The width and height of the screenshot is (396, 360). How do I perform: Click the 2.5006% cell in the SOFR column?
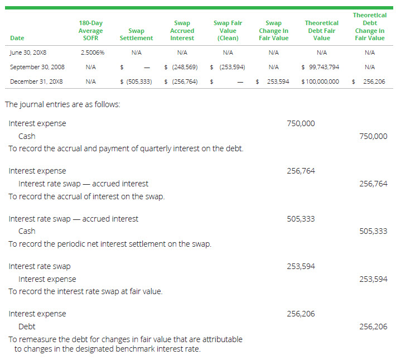[93, 52]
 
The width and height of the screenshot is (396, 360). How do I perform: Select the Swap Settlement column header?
[136, 35]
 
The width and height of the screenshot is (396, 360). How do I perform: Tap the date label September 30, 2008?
[37, 67]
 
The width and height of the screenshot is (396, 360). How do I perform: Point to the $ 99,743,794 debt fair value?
[320, 67]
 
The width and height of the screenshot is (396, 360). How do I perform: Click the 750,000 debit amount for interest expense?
[301, 123]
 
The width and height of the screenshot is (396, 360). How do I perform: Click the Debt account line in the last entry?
[27, 327]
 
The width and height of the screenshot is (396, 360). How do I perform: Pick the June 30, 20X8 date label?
[30, 52]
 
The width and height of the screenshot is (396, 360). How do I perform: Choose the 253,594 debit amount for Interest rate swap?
[301, 266]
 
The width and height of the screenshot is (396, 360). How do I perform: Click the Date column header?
[17, 38]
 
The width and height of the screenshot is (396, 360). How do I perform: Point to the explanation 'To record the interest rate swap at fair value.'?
[85, 291]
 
